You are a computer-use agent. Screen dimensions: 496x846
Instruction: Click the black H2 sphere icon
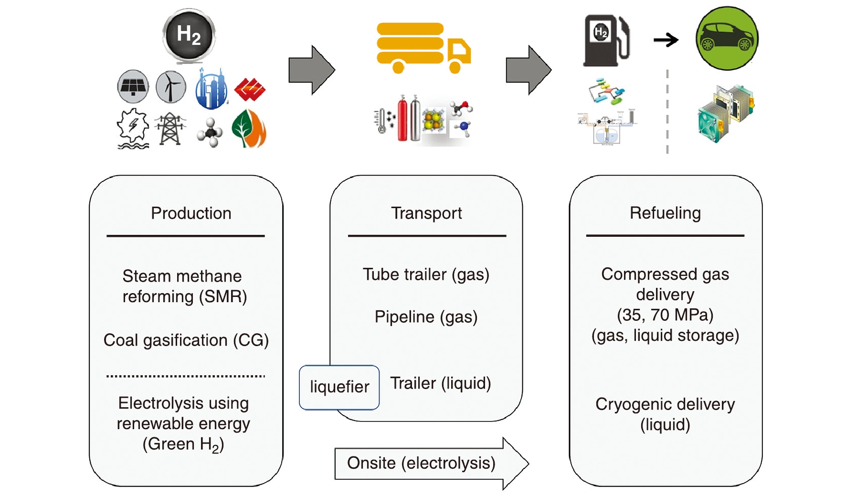(189, 35)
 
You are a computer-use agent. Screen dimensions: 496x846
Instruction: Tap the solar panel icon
(133, 86)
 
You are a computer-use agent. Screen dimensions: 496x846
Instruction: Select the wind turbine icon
(170, 87)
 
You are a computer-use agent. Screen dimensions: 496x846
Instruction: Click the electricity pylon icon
(170, 129)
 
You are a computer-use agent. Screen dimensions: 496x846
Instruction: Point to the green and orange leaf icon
(249, 129)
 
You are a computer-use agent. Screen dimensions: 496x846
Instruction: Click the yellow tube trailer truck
(423, 48)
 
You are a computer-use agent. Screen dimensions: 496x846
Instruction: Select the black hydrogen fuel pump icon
(606, 41)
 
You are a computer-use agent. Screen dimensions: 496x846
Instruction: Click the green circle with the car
(727, 39)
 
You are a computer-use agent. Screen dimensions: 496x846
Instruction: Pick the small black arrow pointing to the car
(666, 40)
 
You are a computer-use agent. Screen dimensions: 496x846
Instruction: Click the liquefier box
(339, 387)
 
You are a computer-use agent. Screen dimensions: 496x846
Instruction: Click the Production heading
(191, 213)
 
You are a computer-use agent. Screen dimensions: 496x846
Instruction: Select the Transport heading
(426, 213)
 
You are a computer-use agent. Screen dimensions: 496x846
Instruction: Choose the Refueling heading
(665, 213)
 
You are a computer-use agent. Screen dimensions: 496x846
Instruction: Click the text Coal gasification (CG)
(186, 340)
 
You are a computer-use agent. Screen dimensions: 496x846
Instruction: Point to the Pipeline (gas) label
(426, 317)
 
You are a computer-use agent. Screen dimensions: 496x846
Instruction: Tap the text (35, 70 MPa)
(665, 315)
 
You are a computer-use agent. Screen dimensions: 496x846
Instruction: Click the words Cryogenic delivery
(665, 404)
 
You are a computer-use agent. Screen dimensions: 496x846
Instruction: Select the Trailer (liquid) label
(440, 383)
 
